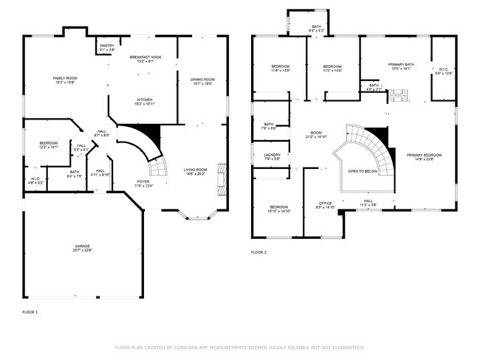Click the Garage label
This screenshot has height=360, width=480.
(x=83, y=247)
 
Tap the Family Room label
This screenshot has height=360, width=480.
(x=65, y=79)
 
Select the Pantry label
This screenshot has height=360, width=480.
(x=107, y=47)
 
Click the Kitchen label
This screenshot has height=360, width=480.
(x=145, y=101)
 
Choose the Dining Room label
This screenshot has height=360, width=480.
(x=202, y=81)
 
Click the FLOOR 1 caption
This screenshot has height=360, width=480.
(x=30, y=313)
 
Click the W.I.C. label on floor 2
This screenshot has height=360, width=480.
(x=442, y=73)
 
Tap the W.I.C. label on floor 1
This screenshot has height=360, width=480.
(x=35, y=180)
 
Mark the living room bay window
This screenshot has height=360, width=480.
(x=196, y=215)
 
